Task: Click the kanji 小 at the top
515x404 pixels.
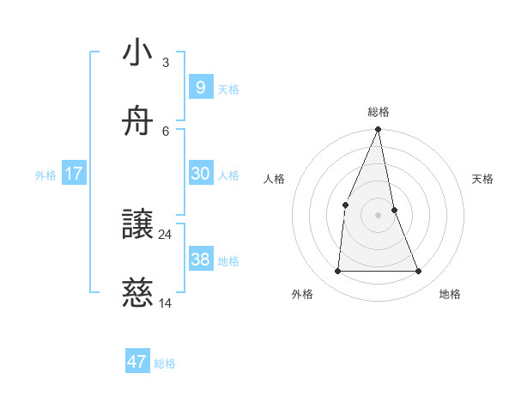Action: pos(138,52)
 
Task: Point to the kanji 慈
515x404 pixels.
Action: pos(138,294)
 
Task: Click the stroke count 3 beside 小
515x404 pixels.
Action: pos(166,62)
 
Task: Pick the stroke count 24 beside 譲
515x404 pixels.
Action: pos(166,234)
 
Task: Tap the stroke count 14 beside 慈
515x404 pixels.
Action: pos(166,303)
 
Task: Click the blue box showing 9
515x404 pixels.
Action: pos(200,87)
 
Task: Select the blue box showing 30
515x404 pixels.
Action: pos(200,174)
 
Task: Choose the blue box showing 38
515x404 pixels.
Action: pos(200,260)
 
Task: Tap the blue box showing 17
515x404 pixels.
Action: pos(74,174)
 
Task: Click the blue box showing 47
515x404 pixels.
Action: pos(137,362)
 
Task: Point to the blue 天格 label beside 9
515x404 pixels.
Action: pos(228,89)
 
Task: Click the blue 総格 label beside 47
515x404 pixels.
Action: pos(165,364)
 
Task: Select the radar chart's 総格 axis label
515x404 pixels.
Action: pos(379,112)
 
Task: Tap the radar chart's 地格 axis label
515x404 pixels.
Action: pos(450,294)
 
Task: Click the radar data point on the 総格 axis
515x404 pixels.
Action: pos(379,130)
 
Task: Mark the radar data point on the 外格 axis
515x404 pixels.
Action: pos(338,271)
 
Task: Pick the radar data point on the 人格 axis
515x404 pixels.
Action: pos(345,205)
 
